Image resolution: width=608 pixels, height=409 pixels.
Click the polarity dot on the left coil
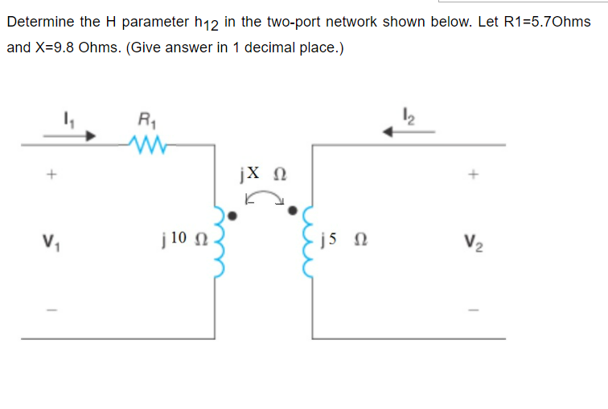(232, 215)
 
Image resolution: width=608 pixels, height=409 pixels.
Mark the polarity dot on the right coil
(293, 212)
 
